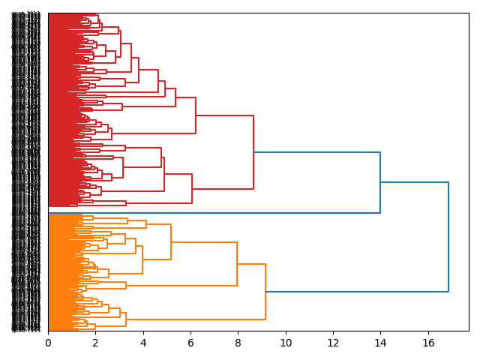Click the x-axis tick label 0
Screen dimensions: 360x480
point(48,343)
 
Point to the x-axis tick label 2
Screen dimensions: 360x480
point(95,343)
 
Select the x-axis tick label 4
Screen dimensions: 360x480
point(143,343)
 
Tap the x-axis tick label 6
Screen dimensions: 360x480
point(190,343)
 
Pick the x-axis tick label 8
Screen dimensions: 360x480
point(238,343)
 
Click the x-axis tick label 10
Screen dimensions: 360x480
point(286,343)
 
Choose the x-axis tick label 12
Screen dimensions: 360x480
point(333,343)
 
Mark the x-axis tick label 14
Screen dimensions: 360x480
point(381,343)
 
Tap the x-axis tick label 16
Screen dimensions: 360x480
point(428,343)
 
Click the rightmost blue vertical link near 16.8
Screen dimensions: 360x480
point(448,237)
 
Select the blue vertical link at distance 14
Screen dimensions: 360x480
point(380,182)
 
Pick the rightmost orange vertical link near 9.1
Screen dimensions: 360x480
point(265,292)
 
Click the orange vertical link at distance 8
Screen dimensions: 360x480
point(237,264)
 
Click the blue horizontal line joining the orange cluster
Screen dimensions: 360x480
point(357,292)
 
